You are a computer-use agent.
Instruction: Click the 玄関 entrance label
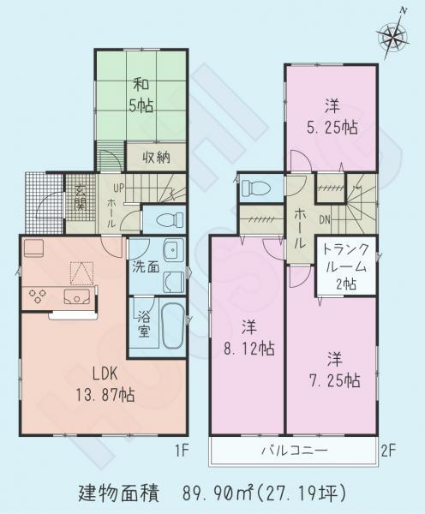tap(80, 197)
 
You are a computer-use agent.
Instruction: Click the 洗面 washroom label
tap(145, 266)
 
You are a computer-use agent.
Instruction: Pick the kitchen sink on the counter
tap(79, 297)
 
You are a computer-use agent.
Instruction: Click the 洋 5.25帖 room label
tap(330, 116)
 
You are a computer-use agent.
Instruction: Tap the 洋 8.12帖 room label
tap(248, 338)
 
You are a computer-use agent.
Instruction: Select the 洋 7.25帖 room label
tap(331, 369)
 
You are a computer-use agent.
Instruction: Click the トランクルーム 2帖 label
tap(345, 266)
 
